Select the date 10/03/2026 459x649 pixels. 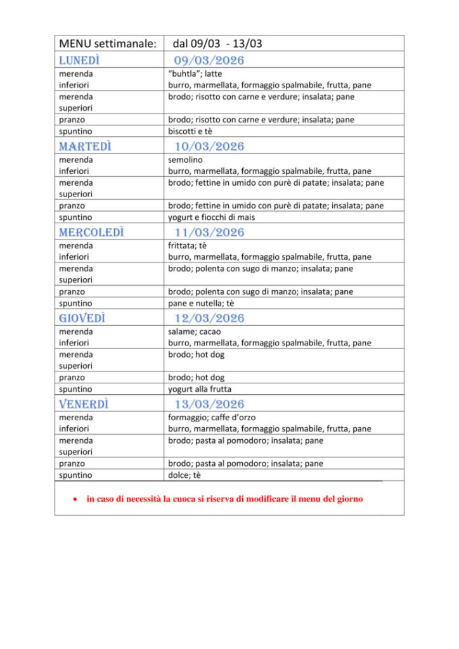209,146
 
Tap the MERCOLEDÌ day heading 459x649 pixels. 91,233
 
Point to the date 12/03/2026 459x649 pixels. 209,318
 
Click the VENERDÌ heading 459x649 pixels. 84,404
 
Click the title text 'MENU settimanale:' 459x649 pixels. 107,44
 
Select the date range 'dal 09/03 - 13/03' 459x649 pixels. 217,44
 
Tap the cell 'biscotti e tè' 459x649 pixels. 190,131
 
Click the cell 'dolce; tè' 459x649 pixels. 184,475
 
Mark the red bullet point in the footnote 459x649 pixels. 75,499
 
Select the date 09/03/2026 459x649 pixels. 209,60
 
